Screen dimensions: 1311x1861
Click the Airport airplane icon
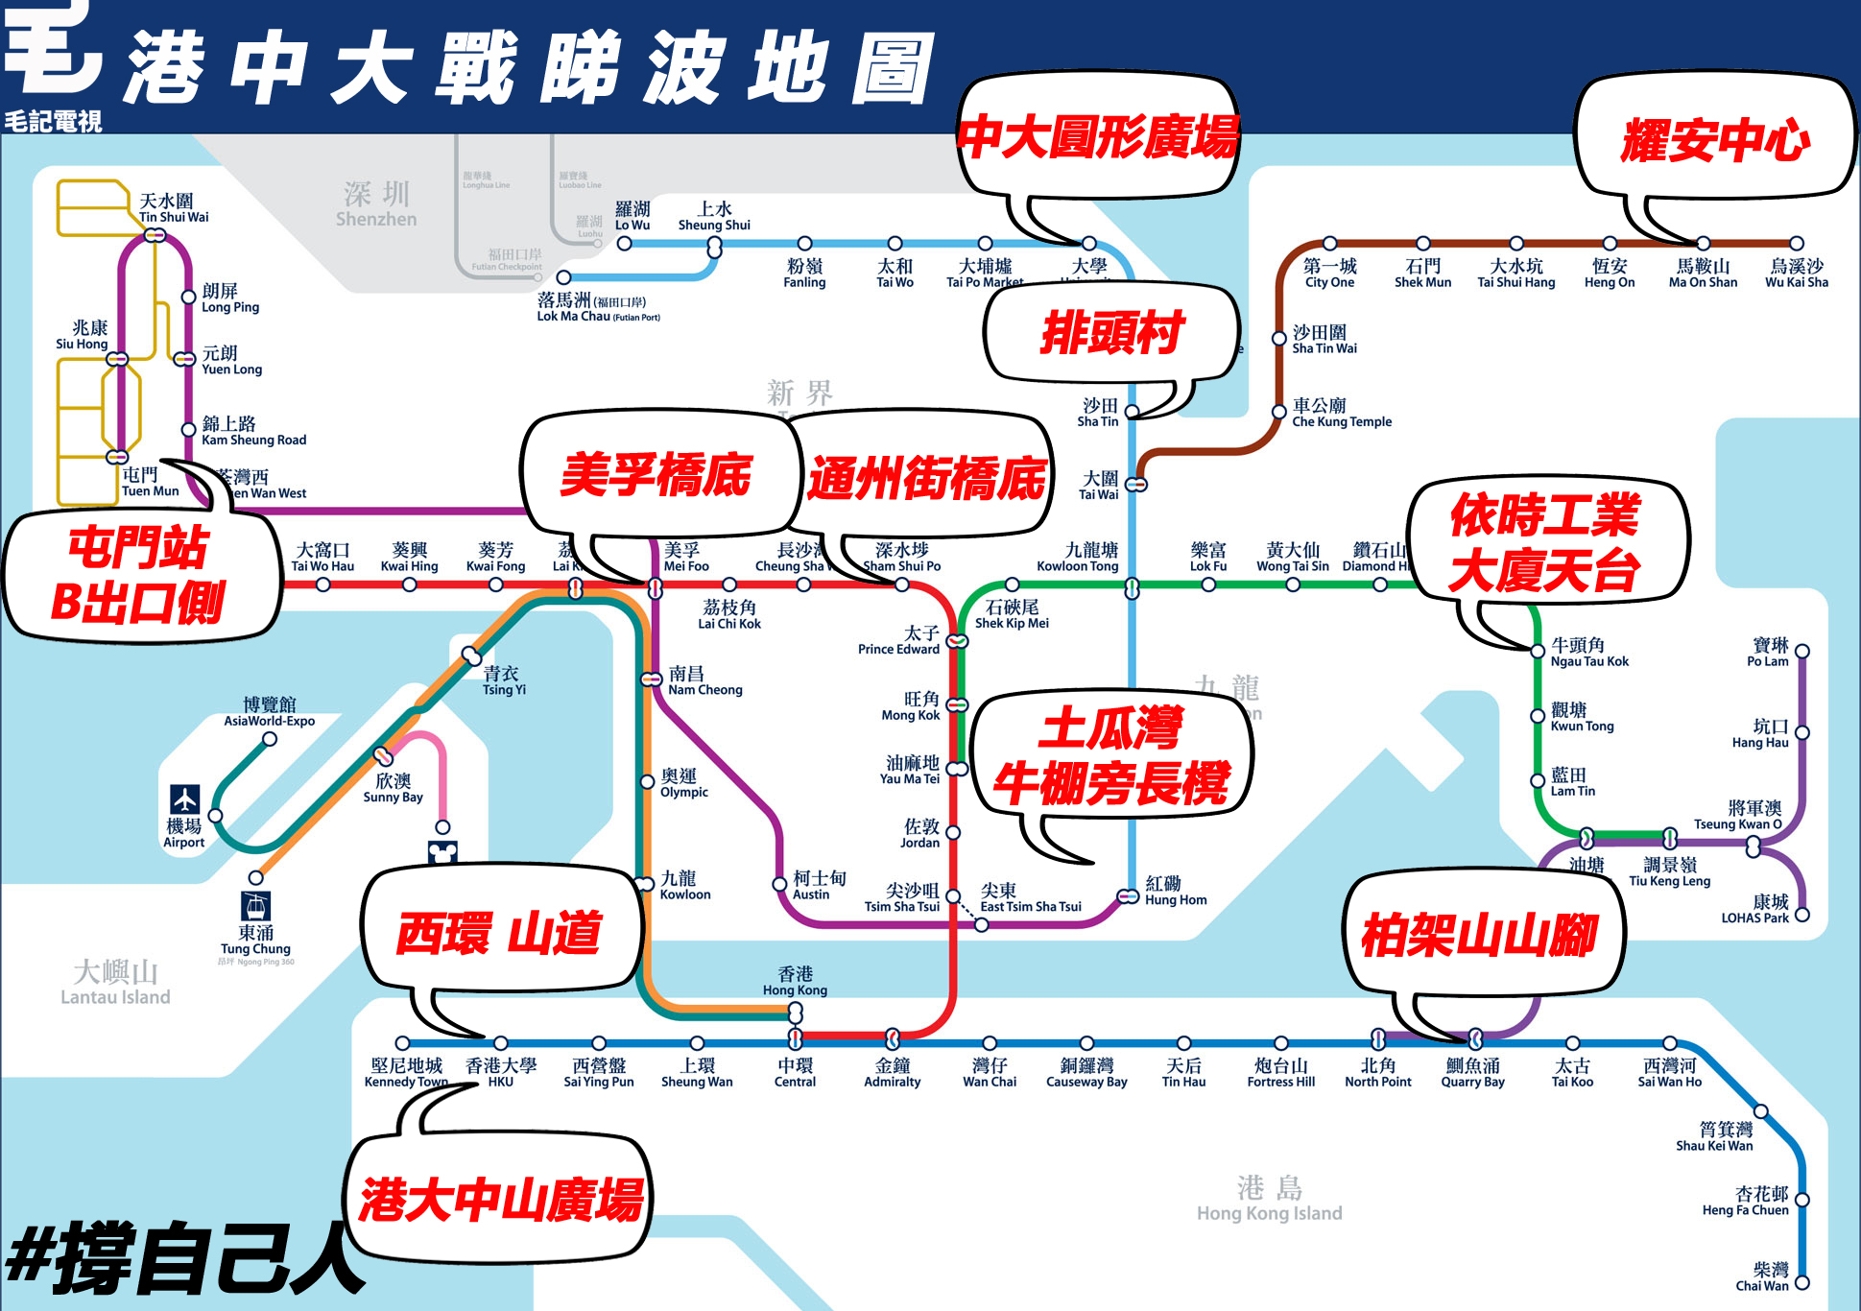pyautogui.click(x=184, y=799)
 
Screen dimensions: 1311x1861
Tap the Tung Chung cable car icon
pyautogui.click(x=255, y=905)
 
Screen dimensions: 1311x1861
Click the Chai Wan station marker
pyautogui.click(x=1801, y=1282)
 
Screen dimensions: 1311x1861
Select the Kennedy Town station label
pyautogui.click(x=406, y=1072)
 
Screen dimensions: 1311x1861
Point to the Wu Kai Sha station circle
pyautogui.click(x=1796, y=244)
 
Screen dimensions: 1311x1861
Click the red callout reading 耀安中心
pyautogui.click(x=1714, y=140)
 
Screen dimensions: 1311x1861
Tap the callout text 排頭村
pyautogui.click(x=1111, y=333)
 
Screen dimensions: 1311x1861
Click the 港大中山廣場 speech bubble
pyautogui.click(x=501, y=1199)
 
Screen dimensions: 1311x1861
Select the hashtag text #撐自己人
pyautogui.click(x=182, y=1257)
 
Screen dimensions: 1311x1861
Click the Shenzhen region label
pyautogui.click(x=376, y=204)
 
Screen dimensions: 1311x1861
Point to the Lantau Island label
pyautogui.click(x=115, y=983)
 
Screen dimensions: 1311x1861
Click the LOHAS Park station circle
pyautogui.click(x=1801, y=915)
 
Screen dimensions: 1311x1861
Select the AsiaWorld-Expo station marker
pyautogui.click(x=270, y=739)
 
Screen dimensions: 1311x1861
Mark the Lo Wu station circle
pyautogui.click(x=624, y=244)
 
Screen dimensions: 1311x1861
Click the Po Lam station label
pyautogui.click(x=1769, y=652)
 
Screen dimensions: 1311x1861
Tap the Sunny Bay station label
pyautogui.click(x=393, y=788)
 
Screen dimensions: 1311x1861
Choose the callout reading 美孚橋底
pyautogui.click(x=656, y=475)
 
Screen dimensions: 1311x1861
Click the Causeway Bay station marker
pyautogui.click(x=1086, y=1043)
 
